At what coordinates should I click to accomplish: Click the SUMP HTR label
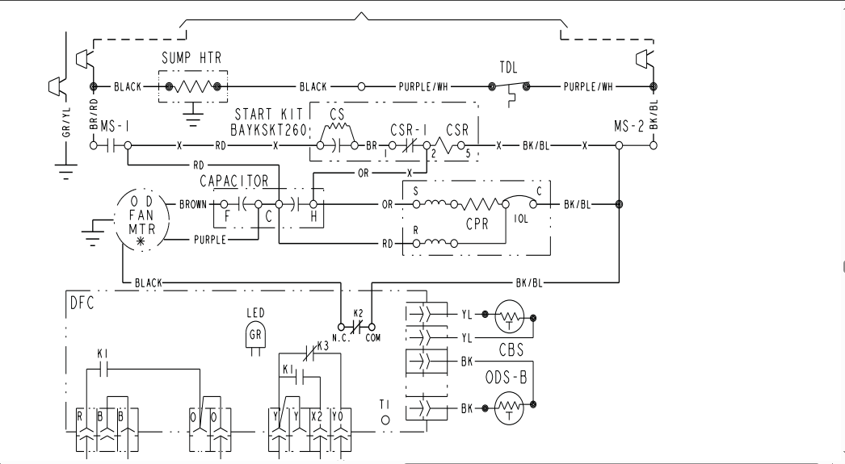(191, 58)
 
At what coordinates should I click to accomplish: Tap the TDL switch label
(508, 68)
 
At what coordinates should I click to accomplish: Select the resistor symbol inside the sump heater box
(193, 86)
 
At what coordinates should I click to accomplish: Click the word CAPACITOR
(234, 182)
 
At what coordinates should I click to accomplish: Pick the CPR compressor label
(477, 224)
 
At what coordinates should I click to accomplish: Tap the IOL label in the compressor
(520, 219)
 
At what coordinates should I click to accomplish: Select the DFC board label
(82, 303)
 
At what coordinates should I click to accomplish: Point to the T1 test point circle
(385, 420)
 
